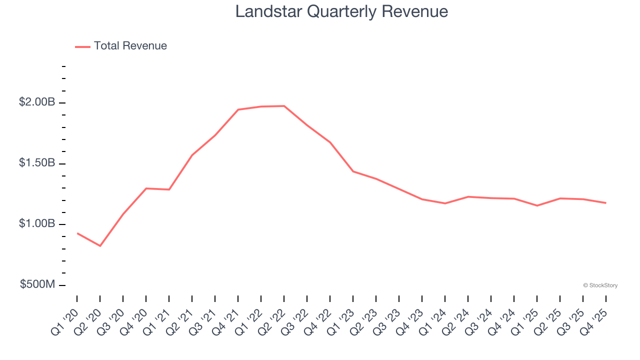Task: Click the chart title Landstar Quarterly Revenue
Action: click(341, 11)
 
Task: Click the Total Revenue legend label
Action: click(130, 46)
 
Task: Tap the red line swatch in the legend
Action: click(82, 46)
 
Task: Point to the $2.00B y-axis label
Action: click(37, 102)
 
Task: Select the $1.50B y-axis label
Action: click(37, 163)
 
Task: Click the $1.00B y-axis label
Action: click(37, 223)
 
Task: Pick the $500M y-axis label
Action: click(37, 284)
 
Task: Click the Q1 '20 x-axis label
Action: click(65, 316)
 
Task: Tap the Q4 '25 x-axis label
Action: click(594, 316)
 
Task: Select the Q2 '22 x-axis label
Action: click(272, 316)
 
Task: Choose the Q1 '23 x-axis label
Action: click(341, 316)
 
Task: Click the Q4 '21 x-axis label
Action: click(226, 316)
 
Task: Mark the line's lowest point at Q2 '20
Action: click(100, 246)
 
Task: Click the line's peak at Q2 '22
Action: click(284, 106)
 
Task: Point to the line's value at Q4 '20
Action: click(146, 188)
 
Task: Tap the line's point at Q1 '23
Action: click(353, 171)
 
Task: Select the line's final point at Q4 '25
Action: click(606, 203)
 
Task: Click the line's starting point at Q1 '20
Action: click(77, 233)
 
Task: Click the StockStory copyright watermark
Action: click(600, 285)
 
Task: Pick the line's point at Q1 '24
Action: click(445, 203)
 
